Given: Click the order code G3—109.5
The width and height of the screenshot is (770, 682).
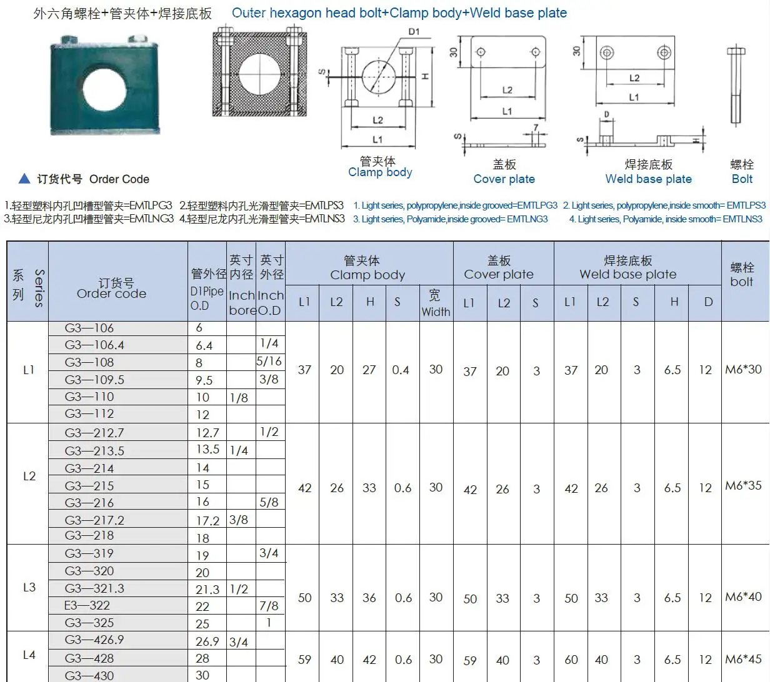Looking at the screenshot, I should [94, 380].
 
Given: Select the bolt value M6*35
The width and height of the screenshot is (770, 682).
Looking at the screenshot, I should [743, 485].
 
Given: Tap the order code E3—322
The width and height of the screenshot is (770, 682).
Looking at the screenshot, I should [87, 605].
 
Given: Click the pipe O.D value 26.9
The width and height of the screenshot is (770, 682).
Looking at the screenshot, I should [207, 641].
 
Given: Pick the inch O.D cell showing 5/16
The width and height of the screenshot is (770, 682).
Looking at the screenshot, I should [269, 361].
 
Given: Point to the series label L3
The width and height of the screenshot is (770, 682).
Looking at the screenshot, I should [29, 587].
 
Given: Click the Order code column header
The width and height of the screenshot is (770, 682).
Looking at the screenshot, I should [111, 289].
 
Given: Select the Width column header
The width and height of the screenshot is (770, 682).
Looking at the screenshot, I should [436, 303].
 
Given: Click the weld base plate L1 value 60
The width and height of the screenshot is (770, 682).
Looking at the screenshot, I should [571, 660].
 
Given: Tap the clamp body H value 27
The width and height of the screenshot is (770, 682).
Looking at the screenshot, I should [369, 370].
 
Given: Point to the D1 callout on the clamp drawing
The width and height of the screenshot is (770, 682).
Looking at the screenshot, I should [414, 31].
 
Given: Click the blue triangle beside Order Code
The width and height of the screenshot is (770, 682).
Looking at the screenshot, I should [24, 179].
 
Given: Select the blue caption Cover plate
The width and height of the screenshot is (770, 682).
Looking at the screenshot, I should [504, 179].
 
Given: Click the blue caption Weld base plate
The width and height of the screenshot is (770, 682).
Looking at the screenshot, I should [648, 179].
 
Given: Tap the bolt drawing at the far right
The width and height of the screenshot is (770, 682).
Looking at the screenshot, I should [736, 87].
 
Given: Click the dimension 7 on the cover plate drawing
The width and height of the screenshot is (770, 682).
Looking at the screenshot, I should [535, 127].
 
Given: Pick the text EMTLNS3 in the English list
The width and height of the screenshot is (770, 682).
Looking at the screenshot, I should [742, 219].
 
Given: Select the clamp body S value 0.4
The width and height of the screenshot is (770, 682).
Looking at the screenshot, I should [401, 370].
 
